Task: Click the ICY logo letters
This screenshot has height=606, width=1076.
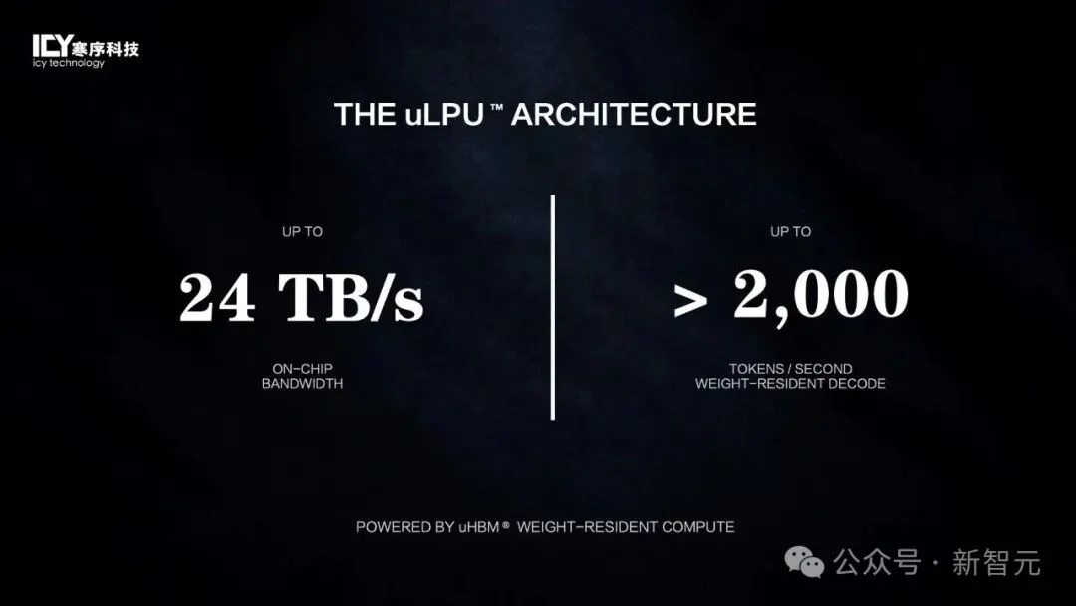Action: coord(52,46)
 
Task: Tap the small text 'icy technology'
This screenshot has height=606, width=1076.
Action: coord(69,63)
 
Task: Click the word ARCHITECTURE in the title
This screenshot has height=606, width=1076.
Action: coord(634,114)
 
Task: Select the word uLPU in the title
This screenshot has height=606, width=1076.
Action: coord(444,115)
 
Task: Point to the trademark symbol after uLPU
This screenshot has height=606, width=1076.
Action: coord(497,107)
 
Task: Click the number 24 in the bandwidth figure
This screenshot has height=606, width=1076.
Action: coord(217,297)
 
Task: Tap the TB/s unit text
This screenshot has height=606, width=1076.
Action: coord(351,297)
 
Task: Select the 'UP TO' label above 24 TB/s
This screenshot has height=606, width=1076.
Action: coord(302,232)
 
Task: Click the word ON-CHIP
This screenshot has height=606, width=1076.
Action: coord(302,369)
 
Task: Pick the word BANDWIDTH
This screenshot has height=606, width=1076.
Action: coord(302,384)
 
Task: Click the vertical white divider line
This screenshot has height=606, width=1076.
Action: coord(552,307)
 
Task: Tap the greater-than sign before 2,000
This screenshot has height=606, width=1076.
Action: coord(690,302)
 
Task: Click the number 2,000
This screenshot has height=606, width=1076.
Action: coord(821,295)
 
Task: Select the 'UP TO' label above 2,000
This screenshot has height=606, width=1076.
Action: coord(790,232)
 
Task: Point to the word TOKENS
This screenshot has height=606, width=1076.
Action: coord(757,369)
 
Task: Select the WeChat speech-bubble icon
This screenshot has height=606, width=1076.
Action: coord(804,562)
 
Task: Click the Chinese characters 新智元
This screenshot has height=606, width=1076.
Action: coord(996,563)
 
